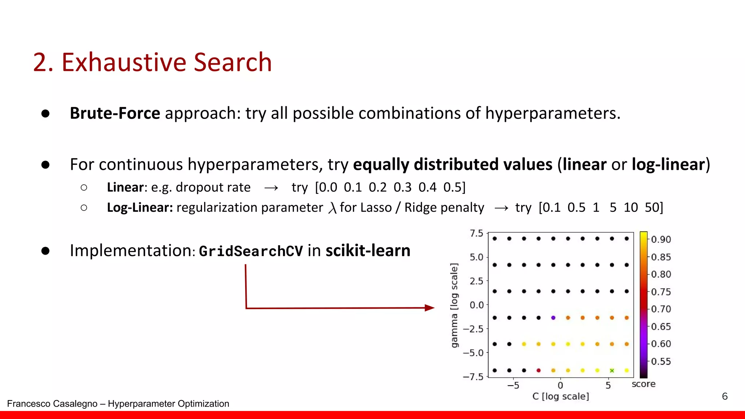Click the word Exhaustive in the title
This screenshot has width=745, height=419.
(x=124, y=62)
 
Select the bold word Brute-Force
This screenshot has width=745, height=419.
(x=115, y=113)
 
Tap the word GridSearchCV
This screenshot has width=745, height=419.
(x=251, y=251)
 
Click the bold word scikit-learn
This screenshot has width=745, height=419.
(x=368, y=251)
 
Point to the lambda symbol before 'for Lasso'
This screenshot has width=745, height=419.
(x=332, y=208)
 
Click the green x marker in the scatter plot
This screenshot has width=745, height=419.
(x=612, y=371)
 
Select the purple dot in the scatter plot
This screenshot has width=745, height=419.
(x=553, y=318)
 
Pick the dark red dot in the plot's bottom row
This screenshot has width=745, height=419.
(x=538, y=371)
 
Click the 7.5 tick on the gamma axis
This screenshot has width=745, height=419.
(x=476, y=233)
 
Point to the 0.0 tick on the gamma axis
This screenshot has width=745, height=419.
(x=477, y=305)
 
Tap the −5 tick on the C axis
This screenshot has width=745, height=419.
(x=513, y=385)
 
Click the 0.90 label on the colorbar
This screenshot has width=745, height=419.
(x=661, y=240)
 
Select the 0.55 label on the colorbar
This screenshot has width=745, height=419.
(x=661, y=362)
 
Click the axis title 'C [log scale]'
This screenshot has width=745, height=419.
(x=561, y=396)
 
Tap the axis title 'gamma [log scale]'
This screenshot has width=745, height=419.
(x=454, y=306)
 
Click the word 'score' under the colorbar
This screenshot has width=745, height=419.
(x=644, y=384)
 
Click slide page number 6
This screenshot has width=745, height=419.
(x=725, y=396)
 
